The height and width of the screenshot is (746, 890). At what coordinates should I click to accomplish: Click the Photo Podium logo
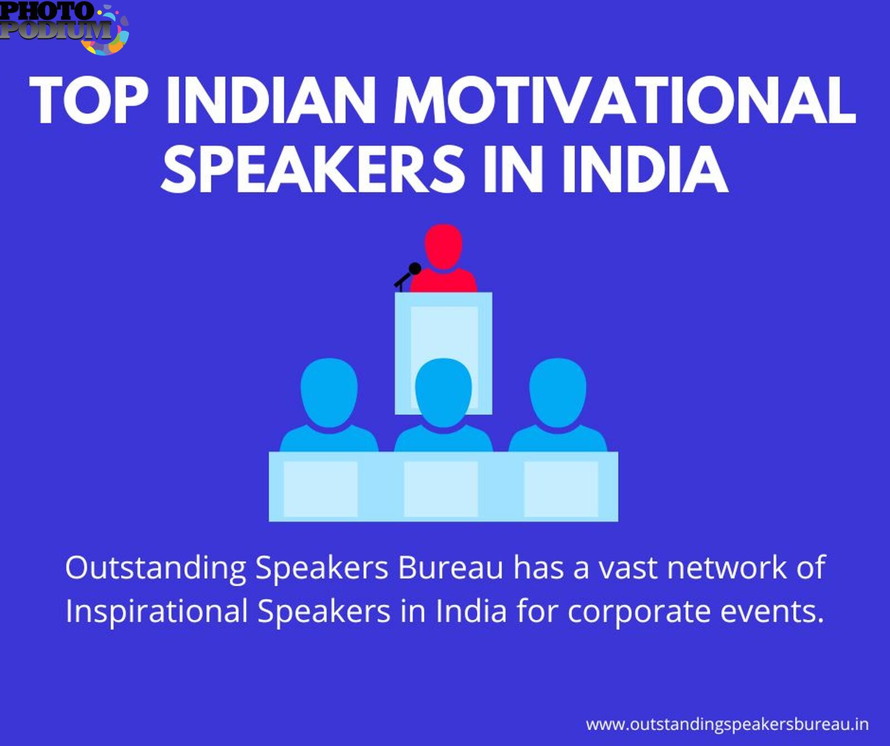tap(65, 28)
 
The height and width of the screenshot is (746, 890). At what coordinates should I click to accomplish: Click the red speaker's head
tap(443, 246)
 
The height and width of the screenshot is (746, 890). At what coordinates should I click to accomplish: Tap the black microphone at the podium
tap(407, 276)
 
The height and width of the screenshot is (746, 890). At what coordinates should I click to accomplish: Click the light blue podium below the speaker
tap(443, 353)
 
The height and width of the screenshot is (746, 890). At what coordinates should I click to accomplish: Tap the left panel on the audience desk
tap(320, 489)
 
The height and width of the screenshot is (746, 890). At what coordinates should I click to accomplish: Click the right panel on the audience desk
tap(561, 489)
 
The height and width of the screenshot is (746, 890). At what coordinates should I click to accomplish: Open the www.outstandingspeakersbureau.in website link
tap(727, 725)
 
